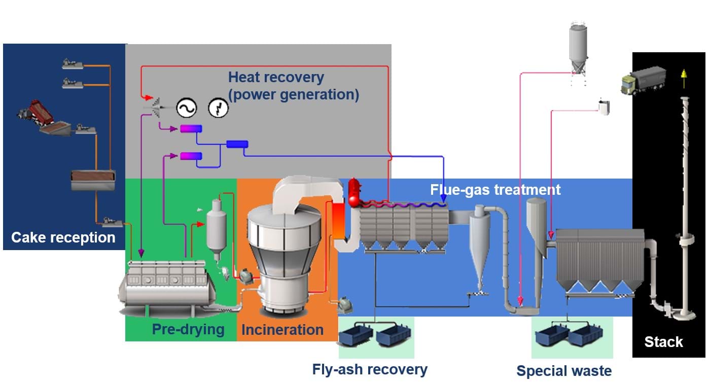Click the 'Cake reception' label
click(63, 237)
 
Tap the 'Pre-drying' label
click(188, 330)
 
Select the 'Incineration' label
click(282, 330)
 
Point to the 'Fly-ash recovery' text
click(370, 369)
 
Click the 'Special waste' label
click(564, 371)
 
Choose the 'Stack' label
click(663, 342)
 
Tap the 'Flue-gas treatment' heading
click(495, 190)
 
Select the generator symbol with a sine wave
click(186, 108)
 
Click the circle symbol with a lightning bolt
click(219, 108)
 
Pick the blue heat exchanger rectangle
click(237, 144)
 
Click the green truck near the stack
click(643, 82)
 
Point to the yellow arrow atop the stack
click(683, 75)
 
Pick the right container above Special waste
click(586, 335)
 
